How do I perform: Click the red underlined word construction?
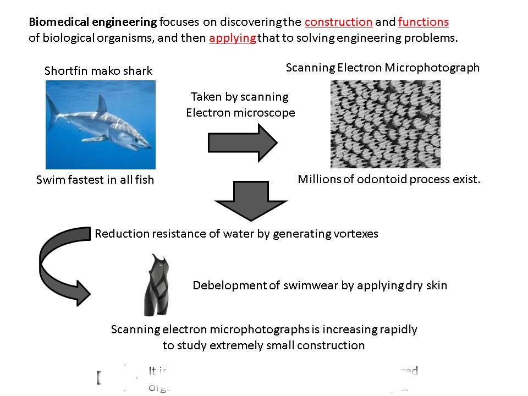pos(338,23)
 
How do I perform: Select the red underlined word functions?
pos(423,23)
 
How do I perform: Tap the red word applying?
pos(232,39)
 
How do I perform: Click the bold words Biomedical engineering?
pos(92,23)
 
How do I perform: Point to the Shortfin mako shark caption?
pos(98,71)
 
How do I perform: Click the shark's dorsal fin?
pos(102,103)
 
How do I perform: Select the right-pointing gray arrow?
pos(243,142)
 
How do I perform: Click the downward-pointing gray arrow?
pos(243,201)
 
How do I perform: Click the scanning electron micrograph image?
pos(385,124)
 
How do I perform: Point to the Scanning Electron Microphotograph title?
pos(383,68)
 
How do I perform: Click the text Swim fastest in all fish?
pos(95,180)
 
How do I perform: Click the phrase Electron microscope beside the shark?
pos(240,113)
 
